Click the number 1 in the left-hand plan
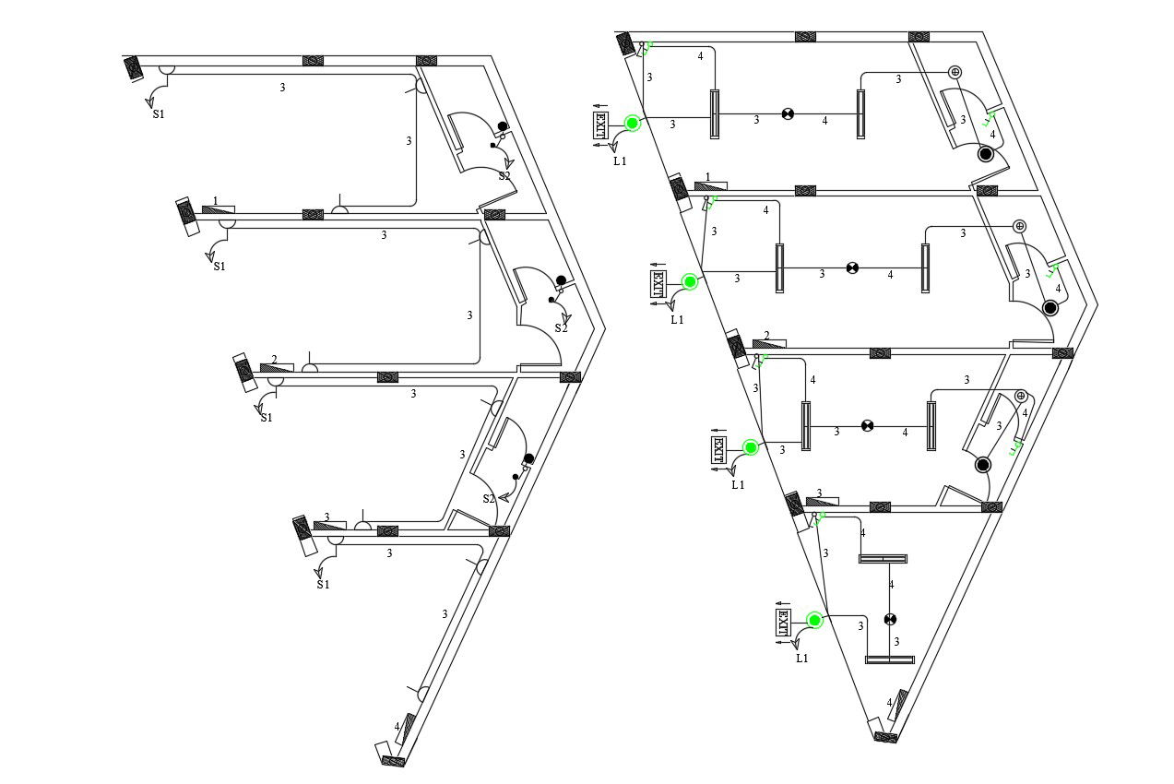pyautogui.click(x=216, y=200)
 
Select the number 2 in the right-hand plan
pyautogui.click(x=766, y=336)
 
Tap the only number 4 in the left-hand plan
pyautogui.click(x=397, y=727)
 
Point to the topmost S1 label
pyautogui.click(x=159, y=114)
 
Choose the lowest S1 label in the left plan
pyautogui.click(x=323, y=584)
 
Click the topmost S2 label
pyautogui.click(x=504, y=175)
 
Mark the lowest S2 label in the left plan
pyautogui.click(x=489, y=498)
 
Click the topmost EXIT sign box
pyautogui.click(x=601, y=125)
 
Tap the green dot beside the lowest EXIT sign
pyautogui.click(x=814, y=620)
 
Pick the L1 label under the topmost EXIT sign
pyautogui.click(x=620, y=160)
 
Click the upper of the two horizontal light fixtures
pyautogui.click(x=883, y=559)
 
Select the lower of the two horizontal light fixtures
pyautogui.click(x=889, y=659)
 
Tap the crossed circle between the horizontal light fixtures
pyautogui.click(x=890, y=619)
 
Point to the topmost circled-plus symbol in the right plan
pyautogui.click(x=955, y=72)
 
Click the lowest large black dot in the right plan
pyautogui.click(x=983, y=465)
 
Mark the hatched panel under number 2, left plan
pyautogui.click(x=276, y=368)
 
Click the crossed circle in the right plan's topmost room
pyautogui.click(x=788, y=114)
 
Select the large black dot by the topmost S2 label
pyautogui.click(x=503, y=126)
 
